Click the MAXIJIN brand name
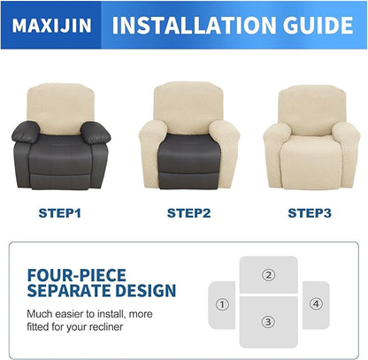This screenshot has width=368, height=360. point(50,26)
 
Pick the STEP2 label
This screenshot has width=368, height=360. point(188,213)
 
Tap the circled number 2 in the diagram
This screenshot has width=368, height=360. point(268,274)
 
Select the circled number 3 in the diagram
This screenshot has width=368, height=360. point(268,320)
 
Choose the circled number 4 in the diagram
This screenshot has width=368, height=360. point(316,304)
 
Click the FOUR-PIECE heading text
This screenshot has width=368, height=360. point(77,275)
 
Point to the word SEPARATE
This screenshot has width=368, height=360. point(66,290)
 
